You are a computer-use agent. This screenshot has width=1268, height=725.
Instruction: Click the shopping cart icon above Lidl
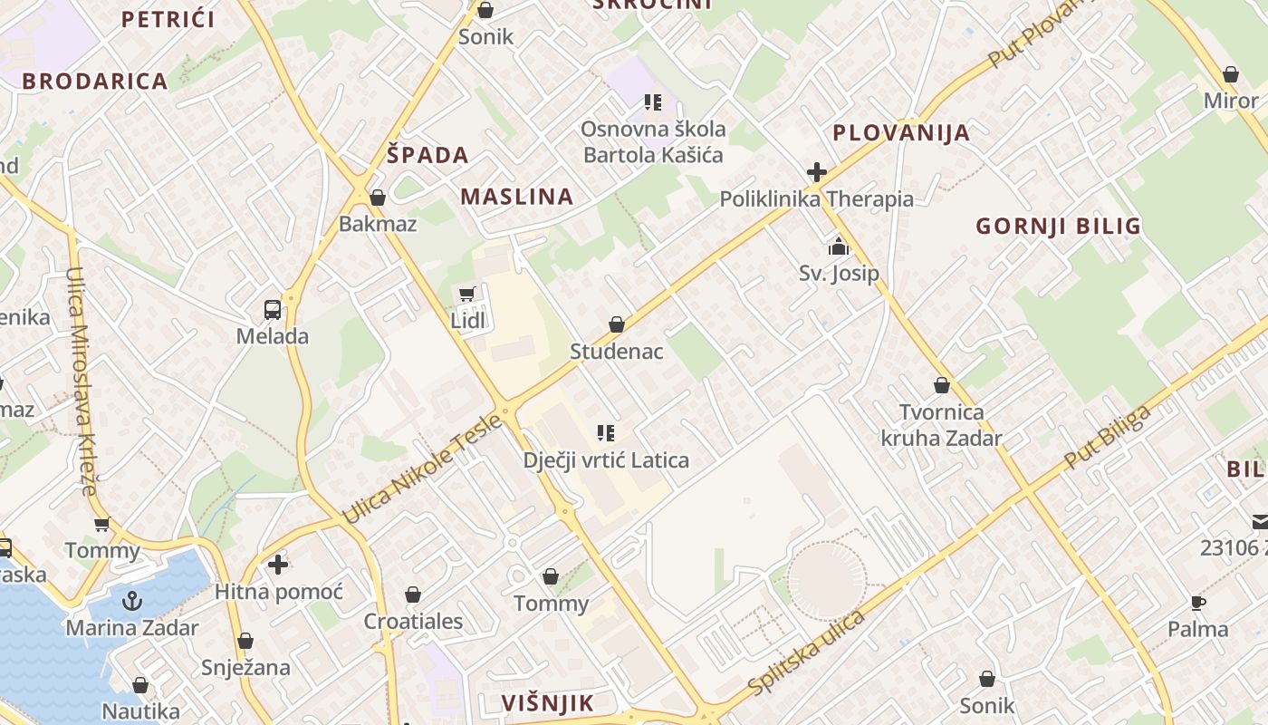tap(467, 293)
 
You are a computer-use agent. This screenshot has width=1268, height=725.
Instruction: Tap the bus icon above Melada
tap(273, 309)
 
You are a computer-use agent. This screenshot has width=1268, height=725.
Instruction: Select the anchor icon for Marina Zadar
tap(132, 600)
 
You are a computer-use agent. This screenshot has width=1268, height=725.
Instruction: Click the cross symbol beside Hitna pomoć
tap(278, 565)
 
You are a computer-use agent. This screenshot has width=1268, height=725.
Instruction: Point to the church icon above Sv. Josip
tap(839, 246)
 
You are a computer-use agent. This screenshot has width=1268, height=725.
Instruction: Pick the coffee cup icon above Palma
tap(1198, 603)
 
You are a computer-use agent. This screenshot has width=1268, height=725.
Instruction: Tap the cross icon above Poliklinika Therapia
tap(817, 171)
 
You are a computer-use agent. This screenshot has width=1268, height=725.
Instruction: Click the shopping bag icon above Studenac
tap(617, 324)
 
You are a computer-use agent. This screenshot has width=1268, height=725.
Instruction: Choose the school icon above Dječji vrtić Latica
tap(606, 433)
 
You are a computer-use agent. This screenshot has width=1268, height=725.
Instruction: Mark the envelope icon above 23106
tap(1260, 521)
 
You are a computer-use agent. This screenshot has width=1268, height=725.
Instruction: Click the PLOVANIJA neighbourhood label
tap(901, 133)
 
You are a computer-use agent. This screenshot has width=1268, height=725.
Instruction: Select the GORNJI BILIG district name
tap(1058, 226)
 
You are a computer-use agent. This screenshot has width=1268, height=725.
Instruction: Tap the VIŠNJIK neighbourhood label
tap(548, 702)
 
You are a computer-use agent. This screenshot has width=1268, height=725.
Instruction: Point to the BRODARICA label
tap(95, 81)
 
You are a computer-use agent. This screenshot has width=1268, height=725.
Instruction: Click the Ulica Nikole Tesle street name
tap(422, 469)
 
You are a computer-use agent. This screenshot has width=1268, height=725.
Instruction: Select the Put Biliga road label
tap(1107, 437)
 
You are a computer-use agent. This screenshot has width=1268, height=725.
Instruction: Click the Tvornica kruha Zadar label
tap(942, 426)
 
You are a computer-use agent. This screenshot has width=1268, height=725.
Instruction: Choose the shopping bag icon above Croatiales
tap(413, 594)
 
